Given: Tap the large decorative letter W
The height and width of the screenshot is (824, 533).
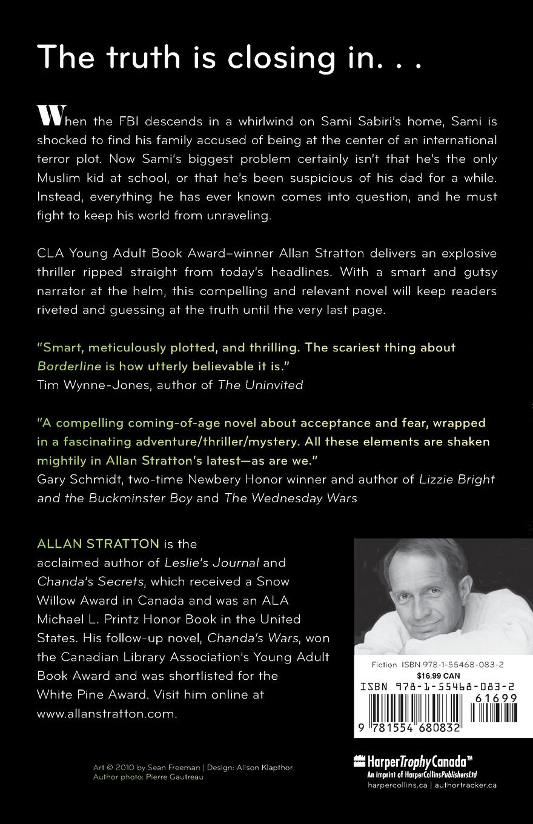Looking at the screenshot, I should (48, 115).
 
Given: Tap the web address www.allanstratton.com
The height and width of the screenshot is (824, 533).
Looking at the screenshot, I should (107, 714).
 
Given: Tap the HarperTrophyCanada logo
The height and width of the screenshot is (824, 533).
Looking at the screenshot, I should (412, 760).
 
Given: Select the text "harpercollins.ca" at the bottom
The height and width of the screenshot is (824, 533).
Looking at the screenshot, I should (379, 785).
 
